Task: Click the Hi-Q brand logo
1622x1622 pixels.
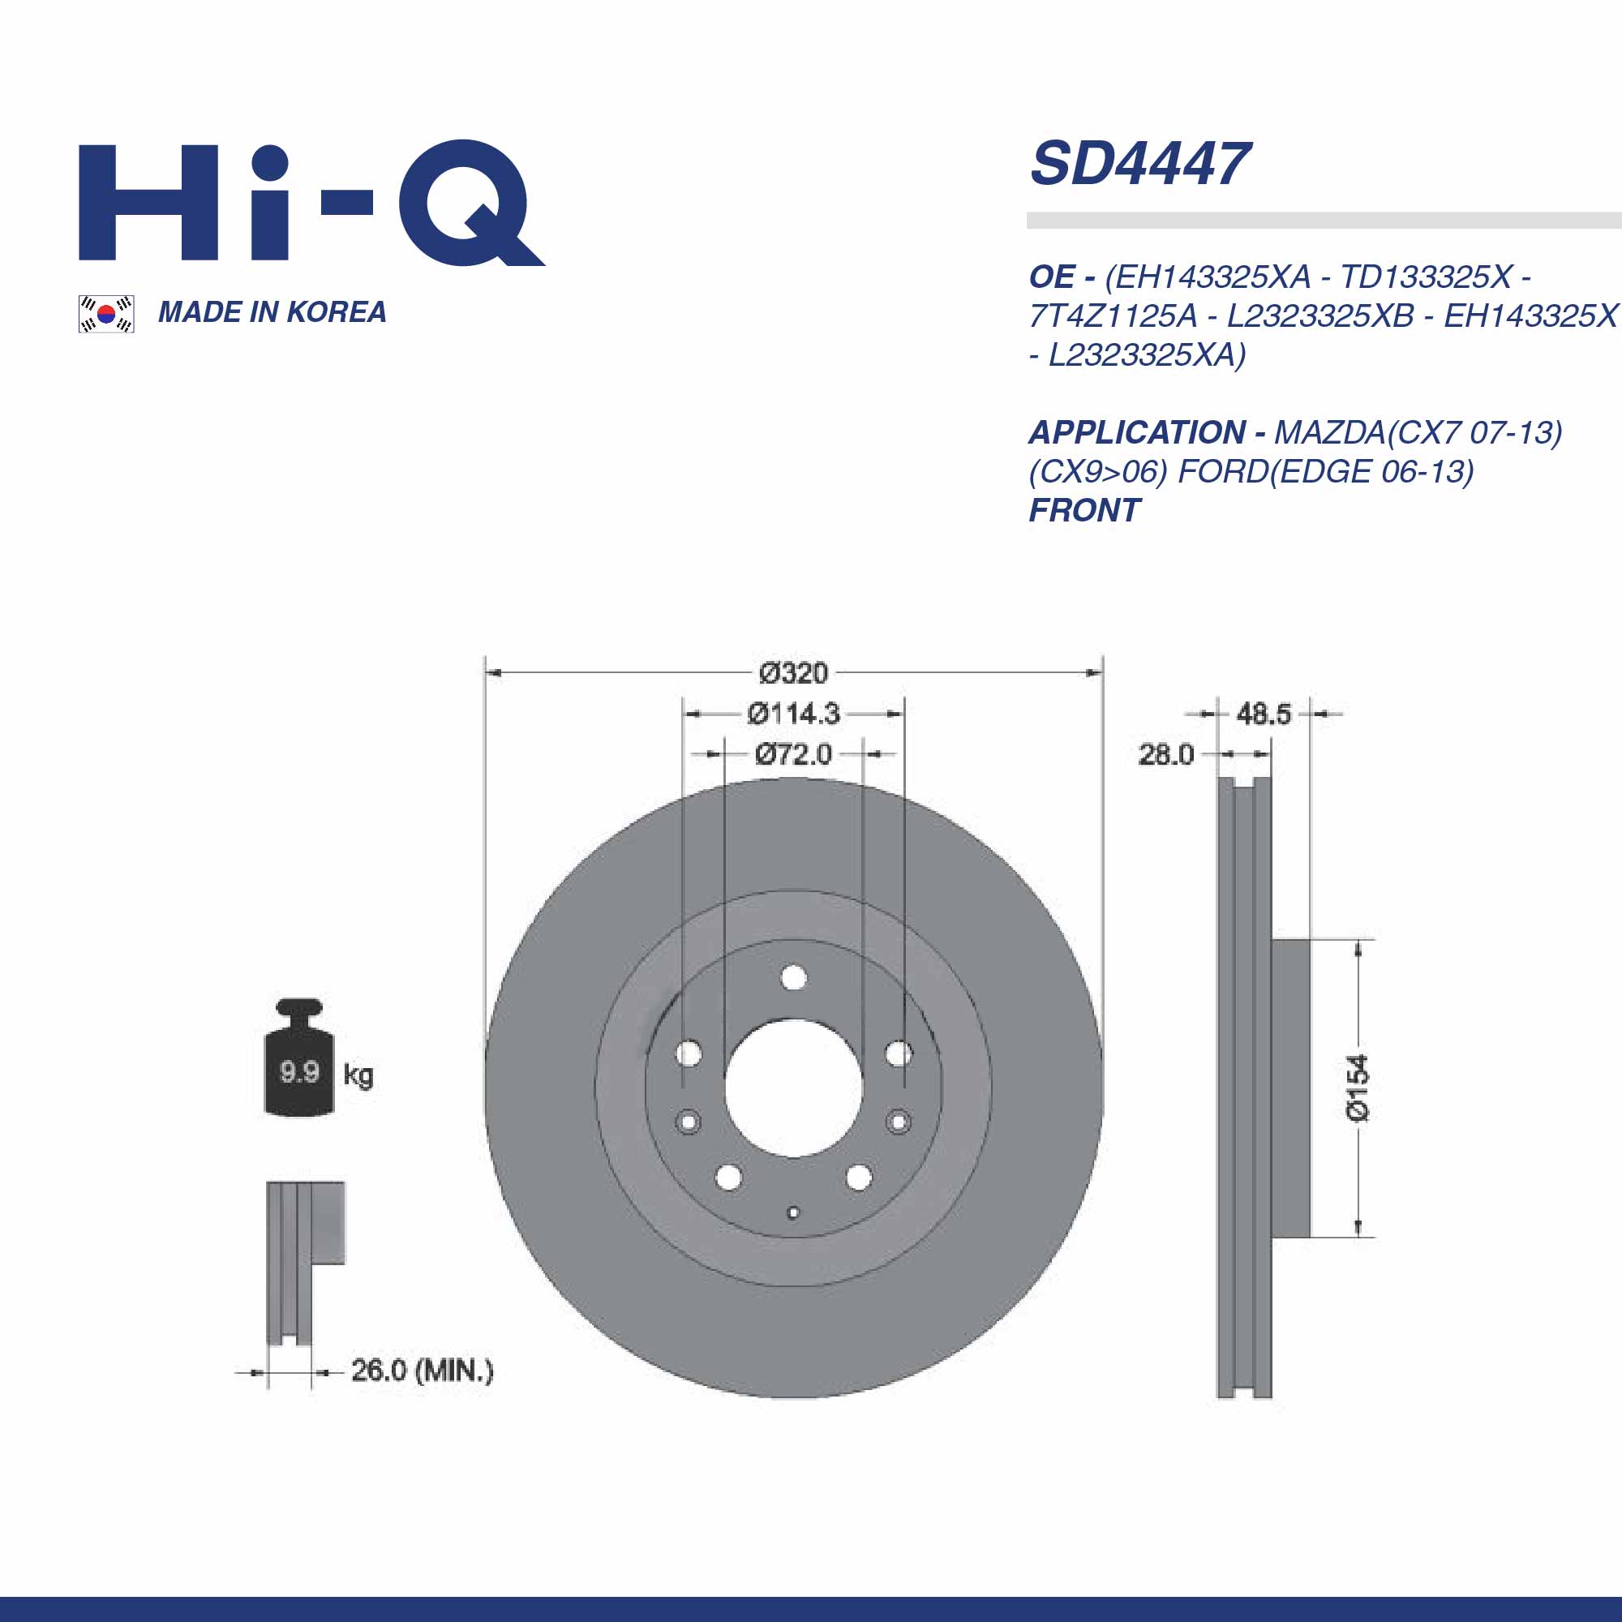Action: click(311, 202)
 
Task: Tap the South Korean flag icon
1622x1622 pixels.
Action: click(105, 314)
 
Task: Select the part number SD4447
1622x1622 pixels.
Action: click(1140, 164)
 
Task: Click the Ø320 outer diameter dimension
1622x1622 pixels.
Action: click(793, 672)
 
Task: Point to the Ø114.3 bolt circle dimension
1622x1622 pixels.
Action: click(793, 714)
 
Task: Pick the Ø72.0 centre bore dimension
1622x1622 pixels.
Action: click(793, 754)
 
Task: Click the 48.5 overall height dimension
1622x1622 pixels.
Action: click(1264, 714)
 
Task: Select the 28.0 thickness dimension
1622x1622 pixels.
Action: click(1165, 754)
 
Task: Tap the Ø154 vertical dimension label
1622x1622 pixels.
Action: click(1358, 1088)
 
